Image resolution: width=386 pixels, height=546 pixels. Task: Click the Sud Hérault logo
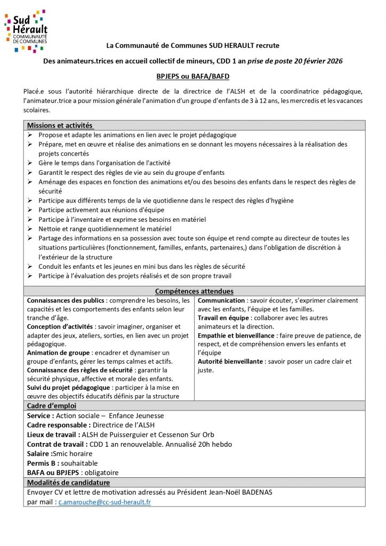point(26,31)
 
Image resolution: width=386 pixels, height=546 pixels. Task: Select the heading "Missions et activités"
point(60,125)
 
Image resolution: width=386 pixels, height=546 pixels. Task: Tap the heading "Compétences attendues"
point(194,291)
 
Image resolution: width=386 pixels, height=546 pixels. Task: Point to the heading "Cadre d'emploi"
point(52,406)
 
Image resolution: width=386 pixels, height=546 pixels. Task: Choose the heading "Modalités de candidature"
point(68,483)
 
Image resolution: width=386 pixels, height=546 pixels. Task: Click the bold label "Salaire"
point(40,454)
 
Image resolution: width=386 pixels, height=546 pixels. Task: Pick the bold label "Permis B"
point(43,463)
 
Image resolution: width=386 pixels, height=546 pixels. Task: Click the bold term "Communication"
point(221,301)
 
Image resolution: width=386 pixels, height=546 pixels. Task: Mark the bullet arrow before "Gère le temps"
point(30,163)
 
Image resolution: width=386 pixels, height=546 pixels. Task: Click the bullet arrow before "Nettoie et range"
point(30,229)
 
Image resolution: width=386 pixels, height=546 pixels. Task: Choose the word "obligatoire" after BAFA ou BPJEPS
point(101,472)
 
